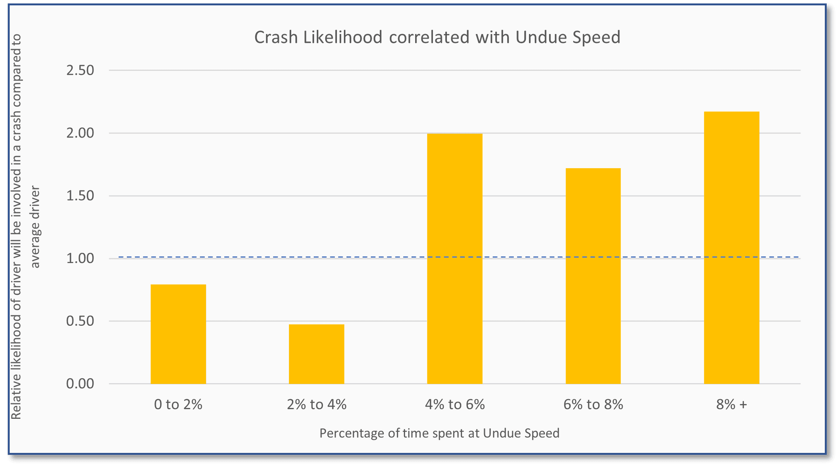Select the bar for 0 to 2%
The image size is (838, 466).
178,334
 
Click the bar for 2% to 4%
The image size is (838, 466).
316,354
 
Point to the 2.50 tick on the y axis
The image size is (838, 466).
80,70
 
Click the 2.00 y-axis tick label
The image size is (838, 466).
80,133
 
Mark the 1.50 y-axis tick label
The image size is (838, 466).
80,196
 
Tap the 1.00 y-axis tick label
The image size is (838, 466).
80,259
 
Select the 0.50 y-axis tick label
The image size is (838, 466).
80,321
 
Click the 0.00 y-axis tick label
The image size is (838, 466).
80,384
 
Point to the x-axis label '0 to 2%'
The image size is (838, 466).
178,404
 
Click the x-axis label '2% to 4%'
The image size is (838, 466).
316,404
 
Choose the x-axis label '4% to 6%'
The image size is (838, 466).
455,404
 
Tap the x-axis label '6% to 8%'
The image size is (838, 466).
593,404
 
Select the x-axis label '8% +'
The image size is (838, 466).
732,404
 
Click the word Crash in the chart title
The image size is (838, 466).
275,38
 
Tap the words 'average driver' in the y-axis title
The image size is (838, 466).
35,227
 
